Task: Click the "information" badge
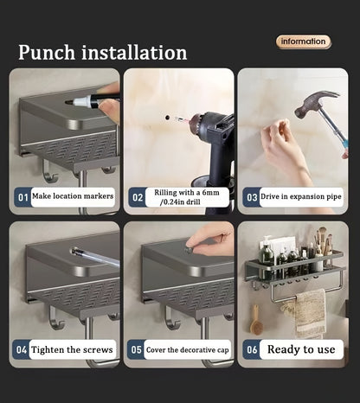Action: click(x=303, y=42)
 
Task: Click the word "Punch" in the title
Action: click(x=47, y=52)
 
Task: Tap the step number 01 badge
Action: click(x=22, y=197)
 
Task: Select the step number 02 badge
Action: click(x=137, y=197)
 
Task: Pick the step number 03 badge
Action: click(x=251, y=197)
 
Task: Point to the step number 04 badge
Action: click(x=22, y=349)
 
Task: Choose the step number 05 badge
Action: click(x=136, y=349)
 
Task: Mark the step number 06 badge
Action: click(x=252, y=349)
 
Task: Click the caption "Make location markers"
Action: click(x=73, y=196)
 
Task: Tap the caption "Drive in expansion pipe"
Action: click(x=301, y=196)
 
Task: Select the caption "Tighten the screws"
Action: click(x=72, y=349)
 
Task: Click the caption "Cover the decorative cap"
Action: click(x=188, y=350)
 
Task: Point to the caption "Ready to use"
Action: click(x=301, y=349)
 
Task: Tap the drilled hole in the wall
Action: click(x=167, y=117)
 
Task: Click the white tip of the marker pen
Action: click(x=80, y=101)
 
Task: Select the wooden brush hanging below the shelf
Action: click(x=255, y=321)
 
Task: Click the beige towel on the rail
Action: click(x=308, y=313)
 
